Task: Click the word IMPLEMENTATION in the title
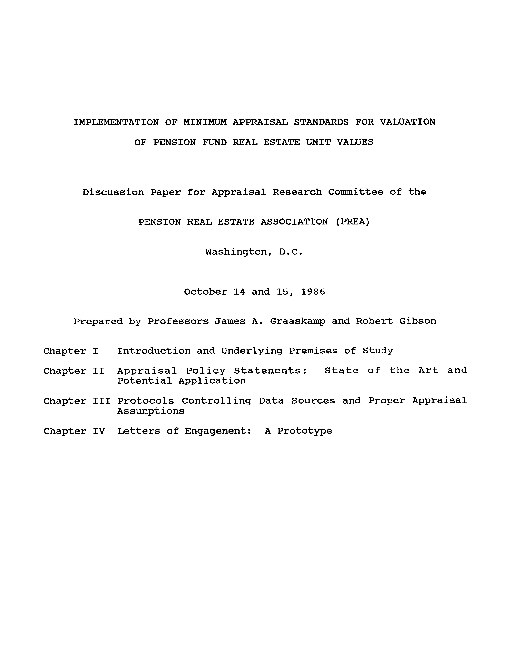point(116,122)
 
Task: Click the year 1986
point(313,292)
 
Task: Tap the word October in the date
point(205,292)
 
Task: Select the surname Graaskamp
point(297,321)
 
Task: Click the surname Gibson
point(418,321)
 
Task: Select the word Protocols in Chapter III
point(146,401)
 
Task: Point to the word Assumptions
point(151,411)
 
